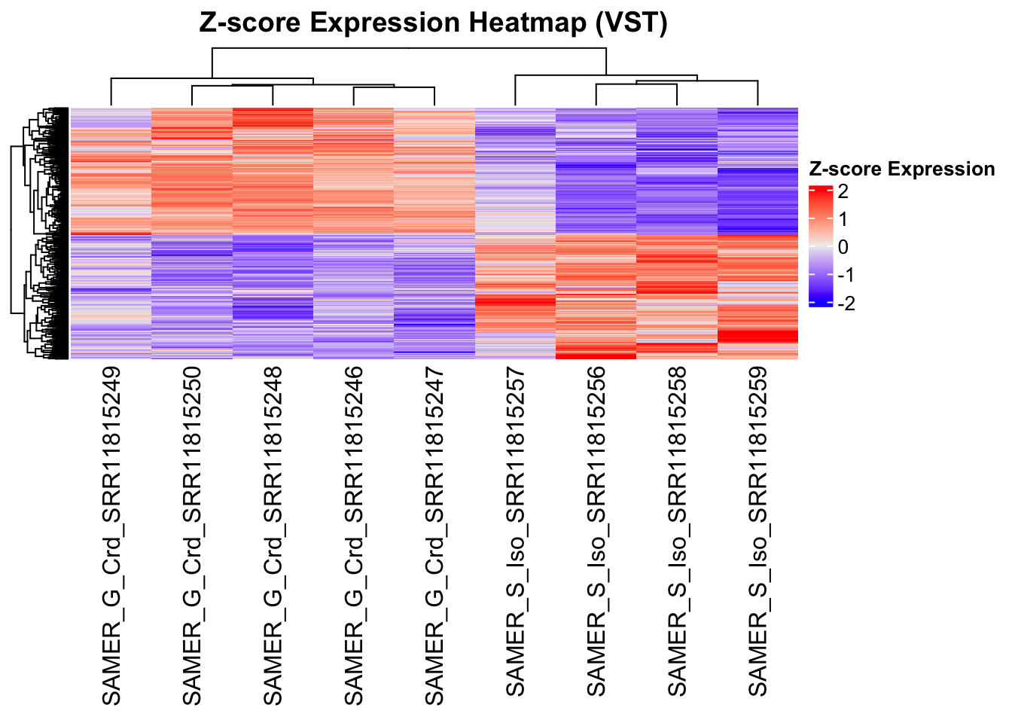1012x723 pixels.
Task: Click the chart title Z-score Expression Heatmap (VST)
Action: [x=433, y=23]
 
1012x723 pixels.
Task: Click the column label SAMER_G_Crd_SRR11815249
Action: [x=111, y=535]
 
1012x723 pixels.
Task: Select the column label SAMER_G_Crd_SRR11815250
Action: [x=192, y=535]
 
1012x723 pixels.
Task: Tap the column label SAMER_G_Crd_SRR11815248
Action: [x=273, y=535]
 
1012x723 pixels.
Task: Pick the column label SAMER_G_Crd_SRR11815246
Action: [x=354, y=535]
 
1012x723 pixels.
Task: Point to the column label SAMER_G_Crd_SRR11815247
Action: [x=434, y=535]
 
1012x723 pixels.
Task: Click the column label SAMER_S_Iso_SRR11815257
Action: [x=515, y=531]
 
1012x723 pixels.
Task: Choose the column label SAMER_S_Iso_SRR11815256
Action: [x=596, y=531]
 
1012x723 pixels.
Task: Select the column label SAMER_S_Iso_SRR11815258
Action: [x=677, y=531]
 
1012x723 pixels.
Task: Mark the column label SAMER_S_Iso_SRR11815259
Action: [x=757, y=531]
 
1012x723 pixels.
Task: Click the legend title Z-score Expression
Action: [x=901, y=169]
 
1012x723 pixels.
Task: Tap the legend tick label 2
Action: [x=843, y=191]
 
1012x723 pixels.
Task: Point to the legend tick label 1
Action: [x=843, y=219]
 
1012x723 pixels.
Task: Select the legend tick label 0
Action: [x=843, y=247]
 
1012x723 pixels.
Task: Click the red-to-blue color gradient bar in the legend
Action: [x=821, y=246]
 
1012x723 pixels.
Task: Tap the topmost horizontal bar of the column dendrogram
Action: [x=409, y=49]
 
